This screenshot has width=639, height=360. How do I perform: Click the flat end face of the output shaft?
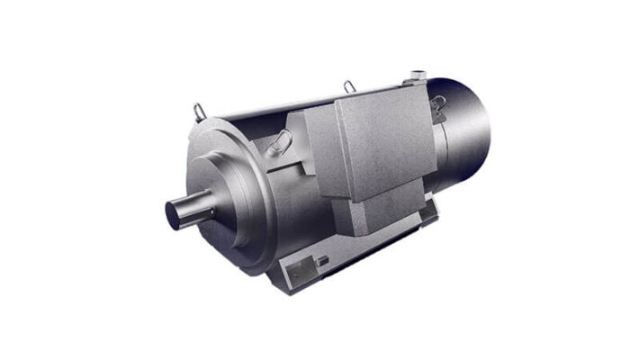coord(175,214)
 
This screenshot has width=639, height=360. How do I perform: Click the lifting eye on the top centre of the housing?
coord(350,87)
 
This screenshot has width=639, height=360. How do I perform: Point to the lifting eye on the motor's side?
coord(281,139)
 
